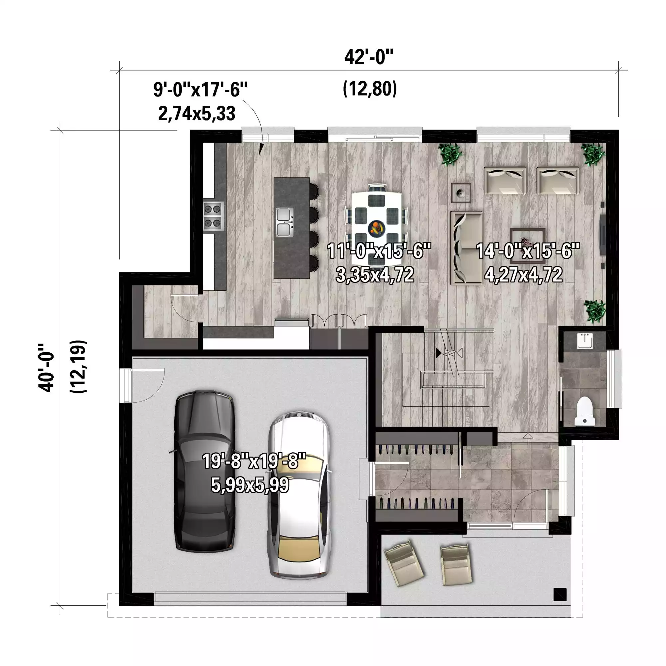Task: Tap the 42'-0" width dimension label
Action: click(369, 57)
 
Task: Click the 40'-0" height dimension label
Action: click(46, 368)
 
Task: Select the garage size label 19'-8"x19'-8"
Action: click(254, 461)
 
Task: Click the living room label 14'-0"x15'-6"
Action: click(528, 251)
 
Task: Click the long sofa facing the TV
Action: click(467, 248)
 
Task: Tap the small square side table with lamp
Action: click(461, 193)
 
